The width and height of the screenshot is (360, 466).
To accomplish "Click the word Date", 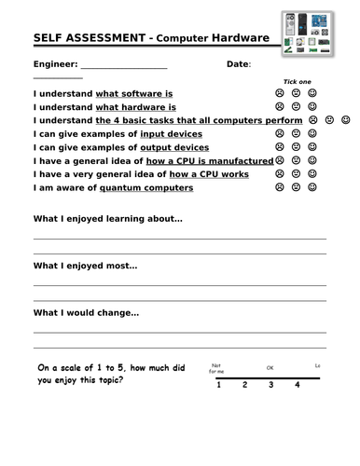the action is click(238, 63).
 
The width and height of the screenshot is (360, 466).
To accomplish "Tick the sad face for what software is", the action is click(279, 94).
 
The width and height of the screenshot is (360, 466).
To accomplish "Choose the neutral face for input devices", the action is click(296, 134).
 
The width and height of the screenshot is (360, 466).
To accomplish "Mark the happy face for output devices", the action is click(312, 147).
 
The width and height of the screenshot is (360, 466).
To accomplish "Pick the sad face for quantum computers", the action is click(279, 187).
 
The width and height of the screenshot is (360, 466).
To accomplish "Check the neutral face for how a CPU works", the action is click(296, 174).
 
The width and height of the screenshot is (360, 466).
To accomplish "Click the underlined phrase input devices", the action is click(176, 134).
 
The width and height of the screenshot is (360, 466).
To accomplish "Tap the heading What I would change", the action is click(86, 313).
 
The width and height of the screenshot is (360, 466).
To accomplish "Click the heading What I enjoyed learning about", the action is click(108, 220).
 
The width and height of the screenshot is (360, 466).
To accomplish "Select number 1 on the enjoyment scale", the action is click(218, 385).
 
